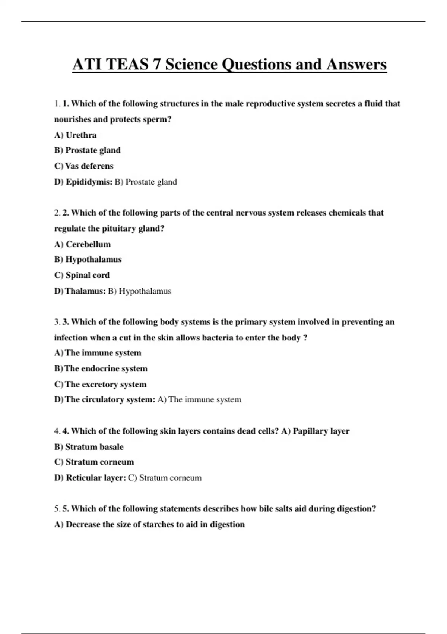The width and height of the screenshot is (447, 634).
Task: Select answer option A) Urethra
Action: click(x=75, y=135)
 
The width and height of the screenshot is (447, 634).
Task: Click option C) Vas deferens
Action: click(x=84, y=166)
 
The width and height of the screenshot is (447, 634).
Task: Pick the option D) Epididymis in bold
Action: click(x=83, y=182)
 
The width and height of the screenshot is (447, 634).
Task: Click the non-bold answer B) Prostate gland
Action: click(x=146, y=182)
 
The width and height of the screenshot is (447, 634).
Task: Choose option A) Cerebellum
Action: click(x=82, y=244)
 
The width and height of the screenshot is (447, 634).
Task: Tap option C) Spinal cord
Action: click(x=82, y=275)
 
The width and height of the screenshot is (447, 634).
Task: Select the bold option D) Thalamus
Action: click(x=80, y=291)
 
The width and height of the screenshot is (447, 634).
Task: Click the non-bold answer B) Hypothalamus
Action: click(x=139, y=291)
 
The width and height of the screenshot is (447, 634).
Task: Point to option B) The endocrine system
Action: click(x=101, y=368)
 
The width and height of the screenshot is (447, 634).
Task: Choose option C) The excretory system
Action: click(x=100, y=384)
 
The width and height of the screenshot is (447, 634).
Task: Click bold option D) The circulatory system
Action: click(x=105, y=399)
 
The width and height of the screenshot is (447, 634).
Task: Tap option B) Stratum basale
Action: click(x=89, y=447)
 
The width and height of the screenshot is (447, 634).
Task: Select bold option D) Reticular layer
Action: click(x=90, y=478)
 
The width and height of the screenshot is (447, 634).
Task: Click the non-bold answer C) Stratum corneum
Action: click(x=165, y=478)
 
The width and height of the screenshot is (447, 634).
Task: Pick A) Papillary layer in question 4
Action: click(x=315, y=431)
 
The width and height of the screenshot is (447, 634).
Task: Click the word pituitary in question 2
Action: click(x=118, y=229)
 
